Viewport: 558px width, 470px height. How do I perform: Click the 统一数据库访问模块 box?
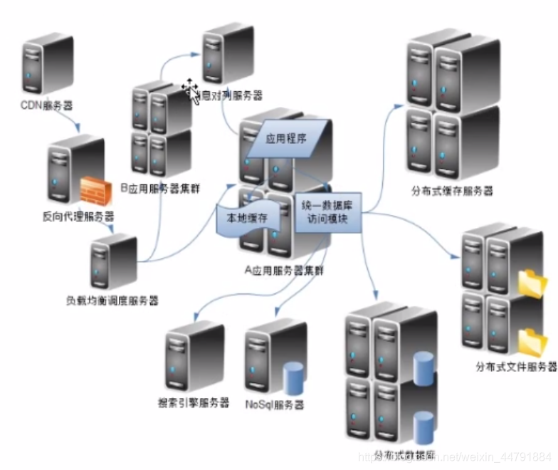tap(330, 211)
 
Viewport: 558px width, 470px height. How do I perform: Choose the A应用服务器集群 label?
tap(284, 271)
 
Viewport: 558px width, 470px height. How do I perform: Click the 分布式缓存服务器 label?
tap(452, 191)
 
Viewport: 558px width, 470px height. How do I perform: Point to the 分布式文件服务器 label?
tap(515, 367)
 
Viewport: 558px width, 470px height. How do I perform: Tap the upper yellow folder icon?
tap(530, 283)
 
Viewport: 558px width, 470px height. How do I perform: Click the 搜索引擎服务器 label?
tap(194, 402)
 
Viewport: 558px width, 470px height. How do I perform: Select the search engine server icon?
tap(193, 355)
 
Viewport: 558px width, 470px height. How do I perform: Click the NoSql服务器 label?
tap(274, 404)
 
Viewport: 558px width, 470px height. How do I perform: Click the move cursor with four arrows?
tap(190, 90)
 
